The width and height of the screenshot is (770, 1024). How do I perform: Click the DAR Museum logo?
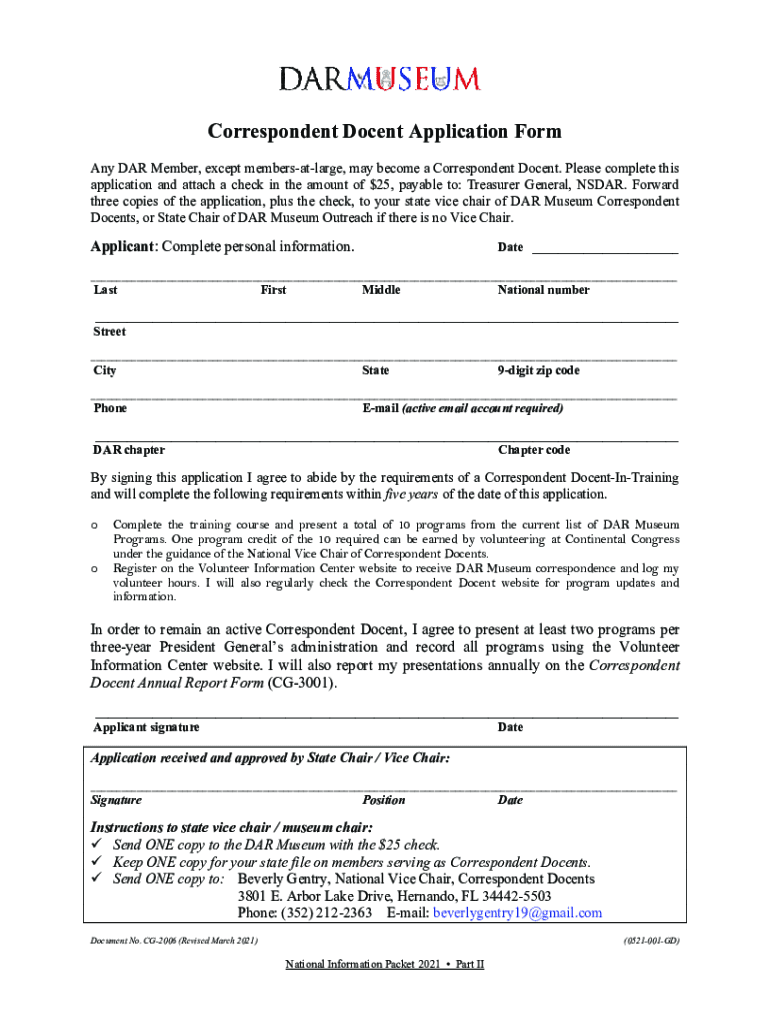point(379,79)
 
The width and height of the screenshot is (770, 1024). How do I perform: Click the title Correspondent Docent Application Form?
point(384,132)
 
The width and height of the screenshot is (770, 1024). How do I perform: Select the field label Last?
point(105,290)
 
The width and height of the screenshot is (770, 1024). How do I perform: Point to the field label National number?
point(543,290)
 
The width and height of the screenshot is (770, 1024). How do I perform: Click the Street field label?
point(109,331)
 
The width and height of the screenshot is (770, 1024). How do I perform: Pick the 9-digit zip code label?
point(538,371)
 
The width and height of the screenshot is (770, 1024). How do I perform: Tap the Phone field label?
point(110,408)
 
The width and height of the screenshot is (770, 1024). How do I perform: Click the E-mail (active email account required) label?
point(462,408)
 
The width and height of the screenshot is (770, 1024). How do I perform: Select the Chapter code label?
point(534,450)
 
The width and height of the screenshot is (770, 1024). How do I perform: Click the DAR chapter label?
point(129,450)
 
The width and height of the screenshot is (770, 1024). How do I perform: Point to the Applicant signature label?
point(146,727)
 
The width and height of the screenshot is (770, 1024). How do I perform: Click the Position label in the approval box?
point(384,800)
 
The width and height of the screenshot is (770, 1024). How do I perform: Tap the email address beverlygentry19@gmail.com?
point(517,912)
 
